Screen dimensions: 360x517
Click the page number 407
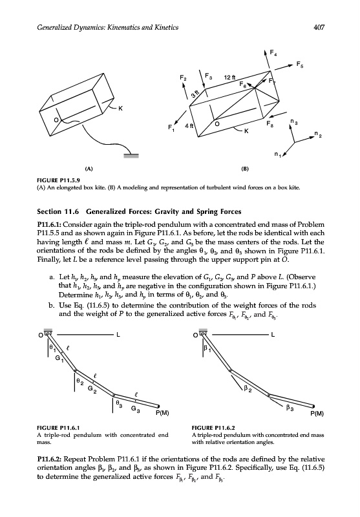tap(319, 27)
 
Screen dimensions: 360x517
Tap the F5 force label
tap(299, 65)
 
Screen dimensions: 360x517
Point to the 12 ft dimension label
tap(230, 78)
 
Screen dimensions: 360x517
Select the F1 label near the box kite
tap(171, 127)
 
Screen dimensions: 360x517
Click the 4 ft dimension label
tap(189, 125)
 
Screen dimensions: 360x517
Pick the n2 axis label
tap(317, 134)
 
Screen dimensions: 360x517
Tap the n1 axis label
tap(277, 154)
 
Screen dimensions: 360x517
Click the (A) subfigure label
tap(89, 169)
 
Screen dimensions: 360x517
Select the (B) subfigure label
tap(244, 169)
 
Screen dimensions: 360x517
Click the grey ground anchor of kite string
tap(131, 156)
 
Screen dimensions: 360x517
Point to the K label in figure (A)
tap(120, 109)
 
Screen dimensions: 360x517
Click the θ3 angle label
tap(119, 403)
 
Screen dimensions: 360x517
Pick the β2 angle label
tap(248, 390)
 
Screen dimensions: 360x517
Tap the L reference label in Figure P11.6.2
tap(273, 335)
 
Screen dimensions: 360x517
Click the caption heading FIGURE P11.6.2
tap(213, 428)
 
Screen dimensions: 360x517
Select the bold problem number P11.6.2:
tap(50, 459)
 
